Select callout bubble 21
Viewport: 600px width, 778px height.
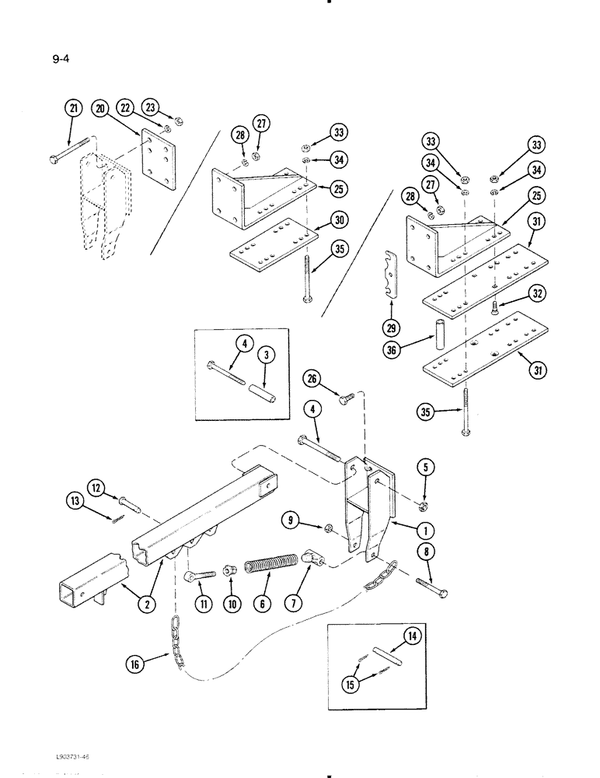[74, 110]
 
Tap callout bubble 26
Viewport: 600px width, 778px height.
[312, 380]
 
